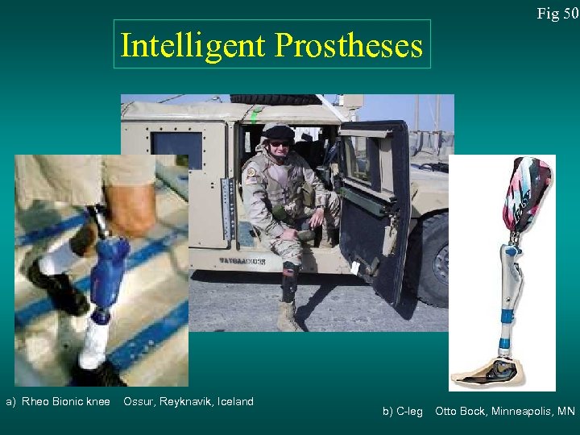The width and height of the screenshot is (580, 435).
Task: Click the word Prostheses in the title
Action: pos(348,46)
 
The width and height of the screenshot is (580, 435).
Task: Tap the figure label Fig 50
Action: pos(558,13)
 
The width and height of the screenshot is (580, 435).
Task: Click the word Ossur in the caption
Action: pos(139,401)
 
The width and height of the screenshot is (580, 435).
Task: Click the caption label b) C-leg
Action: pos(402,412)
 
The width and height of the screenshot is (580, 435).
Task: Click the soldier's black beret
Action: pos(280,132)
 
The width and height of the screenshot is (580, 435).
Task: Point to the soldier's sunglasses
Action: pos(280,143)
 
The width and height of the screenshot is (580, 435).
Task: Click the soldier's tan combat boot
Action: pos(286,316)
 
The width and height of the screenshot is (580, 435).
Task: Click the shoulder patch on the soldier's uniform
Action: pos(252,172)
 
